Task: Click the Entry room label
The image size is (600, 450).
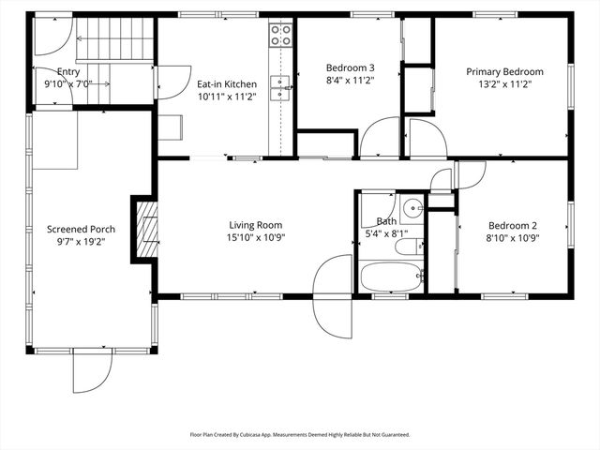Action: pyautogui.click(x=67, y=71)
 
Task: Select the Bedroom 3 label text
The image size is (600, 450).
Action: pyautogui.click(x=350, y=67)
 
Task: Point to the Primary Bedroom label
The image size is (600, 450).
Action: pyautogui.click(x=506, y=71)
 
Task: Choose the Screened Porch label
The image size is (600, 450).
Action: pyautogui.click(x=82, y=230)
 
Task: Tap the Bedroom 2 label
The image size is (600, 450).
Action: pyautogui.click(x=512, y=225)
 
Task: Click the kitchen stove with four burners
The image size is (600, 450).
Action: pyautogui.click(x=280, y=36)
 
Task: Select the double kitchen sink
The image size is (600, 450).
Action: pyautogui.click(x=280, y=87)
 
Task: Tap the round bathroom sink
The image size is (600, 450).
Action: pyautogui.click(x=412, y=208)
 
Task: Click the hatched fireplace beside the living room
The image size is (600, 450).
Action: pyautogui.click(x=145, y=230)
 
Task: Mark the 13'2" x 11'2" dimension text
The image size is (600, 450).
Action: pyautogui.click(x=506, y=83)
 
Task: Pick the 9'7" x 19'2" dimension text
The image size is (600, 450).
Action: pyautogui.click(x=82, y=242)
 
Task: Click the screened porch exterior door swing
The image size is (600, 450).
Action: pyautogui.click(x=93, y=373)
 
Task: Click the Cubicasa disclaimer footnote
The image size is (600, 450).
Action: pyautogui.click(x=300, y=435)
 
